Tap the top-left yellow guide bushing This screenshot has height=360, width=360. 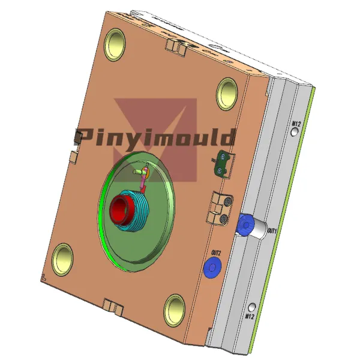pyautogui.click(x=115, y=43)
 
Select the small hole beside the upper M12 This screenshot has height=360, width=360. pyautogui.click(x=295, y=133)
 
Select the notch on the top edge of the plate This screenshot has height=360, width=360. pyautogui.click(x=175, y=46)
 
